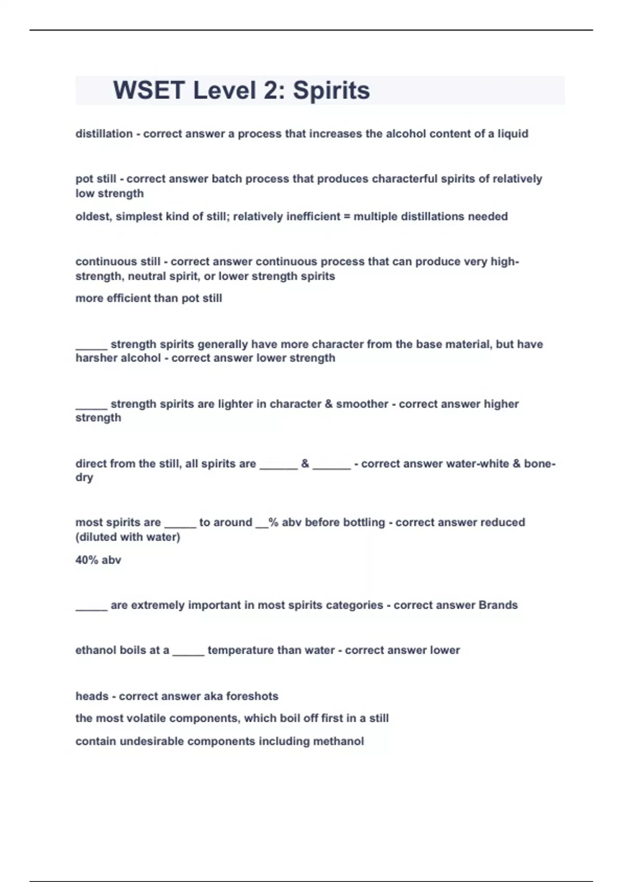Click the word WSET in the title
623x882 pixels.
click(x=148, y=90)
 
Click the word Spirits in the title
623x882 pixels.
click(x=331, y=90)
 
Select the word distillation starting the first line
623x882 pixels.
click(x=104, y=134)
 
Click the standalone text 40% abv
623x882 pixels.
click(x=98, y=560)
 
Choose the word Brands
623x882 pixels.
click(x=498, y=605)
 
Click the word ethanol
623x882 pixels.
click(x=96, y=650)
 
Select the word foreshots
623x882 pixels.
click(x=252, y=696)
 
